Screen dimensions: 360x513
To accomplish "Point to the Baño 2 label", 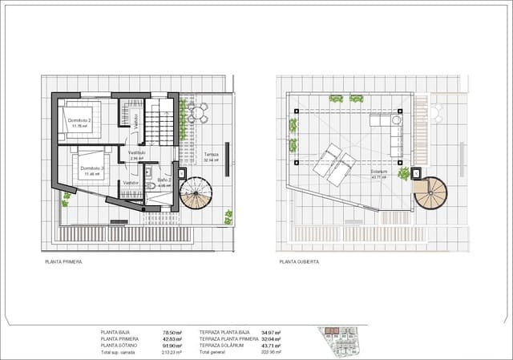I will pyautogui.click(x=164, y=180).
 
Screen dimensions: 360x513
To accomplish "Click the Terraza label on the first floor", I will pyautogui.click(x=211, y=154).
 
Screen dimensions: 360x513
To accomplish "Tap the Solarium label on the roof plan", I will pyautogui.click(x=378, y=171).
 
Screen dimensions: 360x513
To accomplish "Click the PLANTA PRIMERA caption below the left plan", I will pyautogui.click(x=64, y=261).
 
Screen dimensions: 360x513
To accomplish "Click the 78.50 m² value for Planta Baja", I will pyautogui.click(x=172, y=331).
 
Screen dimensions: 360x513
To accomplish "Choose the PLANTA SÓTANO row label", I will pyautogui.click(x=119, y=345).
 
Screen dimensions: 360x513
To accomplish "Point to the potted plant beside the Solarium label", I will pyautogui.click(x=404, y=173).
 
